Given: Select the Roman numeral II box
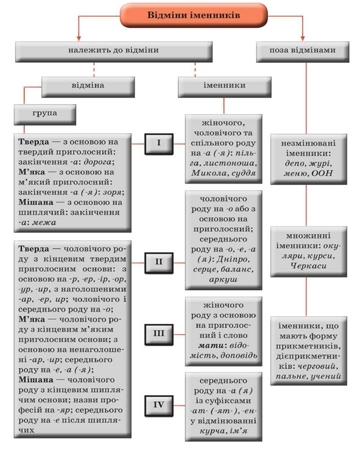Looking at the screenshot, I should pos(158,261).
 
